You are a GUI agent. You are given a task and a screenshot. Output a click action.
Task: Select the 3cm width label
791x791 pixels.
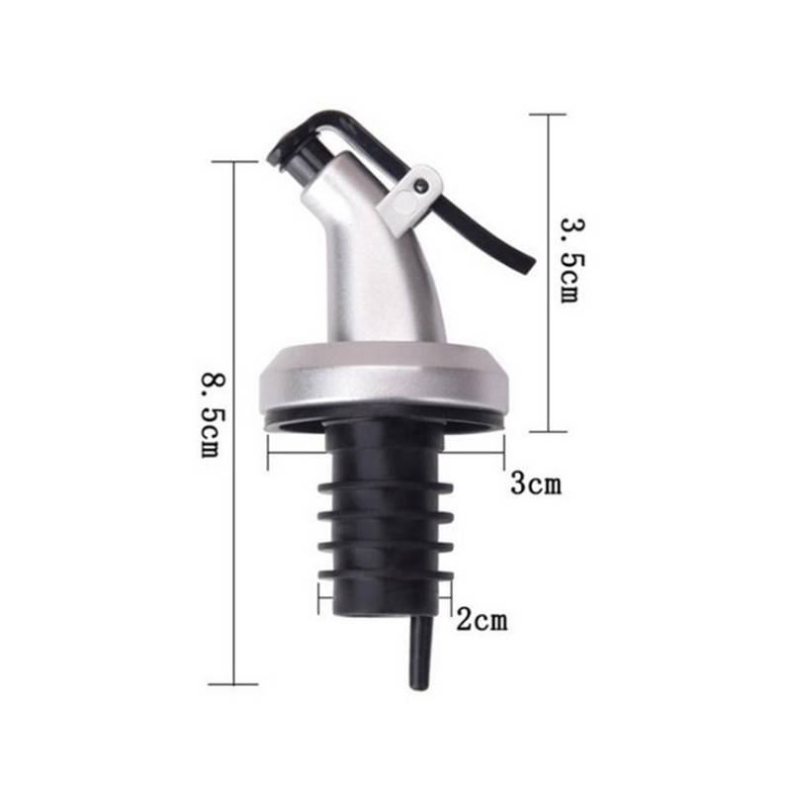pyautogui.click(x=535, y=483)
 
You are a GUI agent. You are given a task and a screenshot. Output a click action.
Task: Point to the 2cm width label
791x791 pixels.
pyautogui.click(x=481, y=620)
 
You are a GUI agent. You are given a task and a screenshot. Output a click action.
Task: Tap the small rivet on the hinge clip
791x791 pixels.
pyautogui.click(x=422, y=184)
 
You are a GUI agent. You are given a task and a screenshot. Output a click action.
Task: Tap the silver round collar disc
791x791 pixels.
pyautogui.click(x=386, y=381)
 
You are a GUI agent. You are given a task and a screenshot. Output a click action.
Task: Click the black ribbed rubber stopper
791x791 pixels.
pyautogui.click(x=386, y=514)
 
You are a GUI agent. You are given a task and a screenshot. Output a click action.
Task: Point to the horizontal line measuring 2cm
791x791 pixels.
pyautogui.click(x=386, y=595)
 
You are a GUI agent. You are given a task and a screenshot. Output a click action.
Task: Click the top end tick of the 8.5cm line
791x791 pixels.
pyautogui.click(x=234, y=162)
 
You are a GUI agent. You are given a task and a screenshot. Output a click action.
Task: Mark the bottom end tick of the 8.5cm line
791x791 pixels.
pyautogui.click(x=234, y=683)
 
